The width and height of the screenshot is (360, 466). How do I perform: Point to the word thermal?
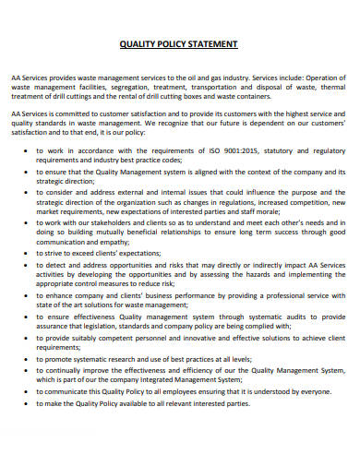coord(328,88)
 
